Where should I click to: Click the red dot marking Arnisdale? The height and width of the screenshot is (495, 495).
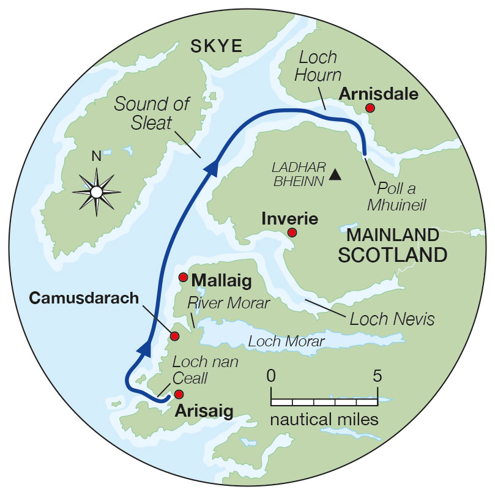coord(369,108)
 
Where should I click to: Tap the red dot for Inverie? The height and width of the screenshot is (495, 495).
coord(292,233)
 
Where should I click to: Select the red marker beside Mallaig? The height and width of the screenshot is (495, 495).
coord(183,277)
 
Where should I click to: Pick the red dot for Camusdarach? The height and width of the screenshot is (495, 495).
coord(174,336)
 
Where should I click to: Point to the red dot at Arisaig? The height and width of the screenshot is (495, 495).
coord(179,394)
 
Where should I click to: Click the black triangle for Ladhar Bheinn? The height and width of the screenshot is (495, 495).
coord(334,175)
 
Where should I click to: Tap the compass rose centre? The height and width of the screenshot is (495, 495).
coord(96,192)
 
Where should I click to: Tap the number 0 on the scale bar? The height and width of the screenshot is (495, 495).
coord(272,375)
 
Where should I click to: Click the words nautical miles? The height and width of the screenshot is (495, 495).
coord(324,420)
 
